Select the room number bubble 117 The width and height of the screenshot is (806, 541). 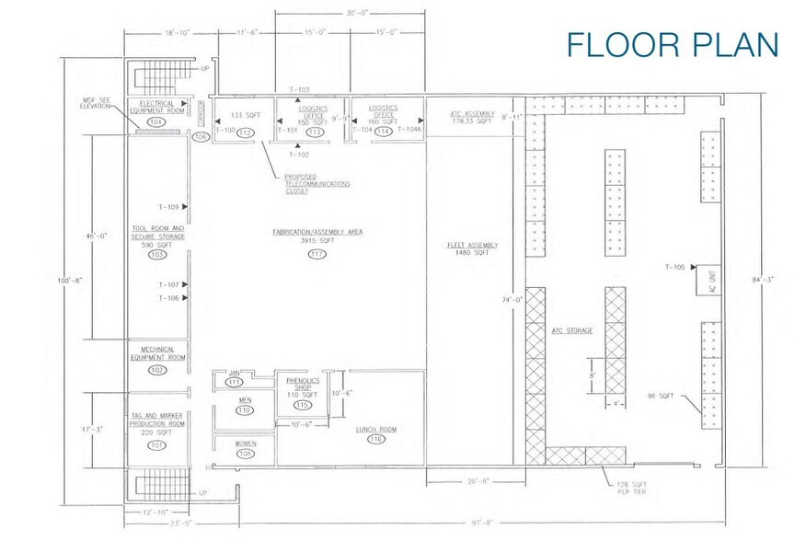[x=318, y=254]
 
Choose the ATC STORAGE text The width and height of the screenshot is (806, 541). [x=571, y=329]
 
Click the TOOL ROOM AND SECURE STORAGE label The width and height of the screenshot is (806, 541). [x=157, y=233]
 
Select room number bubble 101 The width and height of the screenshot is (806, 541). [x=157, y=444]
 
